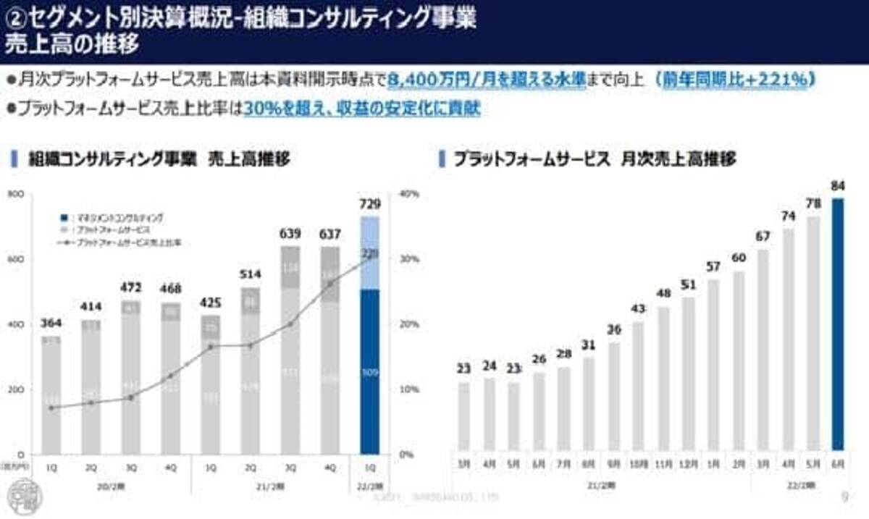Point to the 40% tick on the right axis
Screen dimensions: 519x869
[x=410, y=194]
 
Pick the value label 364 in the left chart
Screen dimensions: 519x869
[x=51, y=323]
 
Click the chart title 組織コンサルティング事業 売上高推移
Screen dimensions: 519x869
[x=159, y=159]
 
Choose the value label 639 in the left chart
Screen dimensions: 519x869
[x=290, y=234]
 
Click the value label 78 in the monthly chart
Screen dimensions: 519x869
[x=814, y=204]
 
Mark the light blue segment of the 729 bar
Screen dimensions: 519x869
[x=370, y=253]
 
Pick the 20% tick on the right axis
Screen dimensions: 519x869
[x=410, y=324]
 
